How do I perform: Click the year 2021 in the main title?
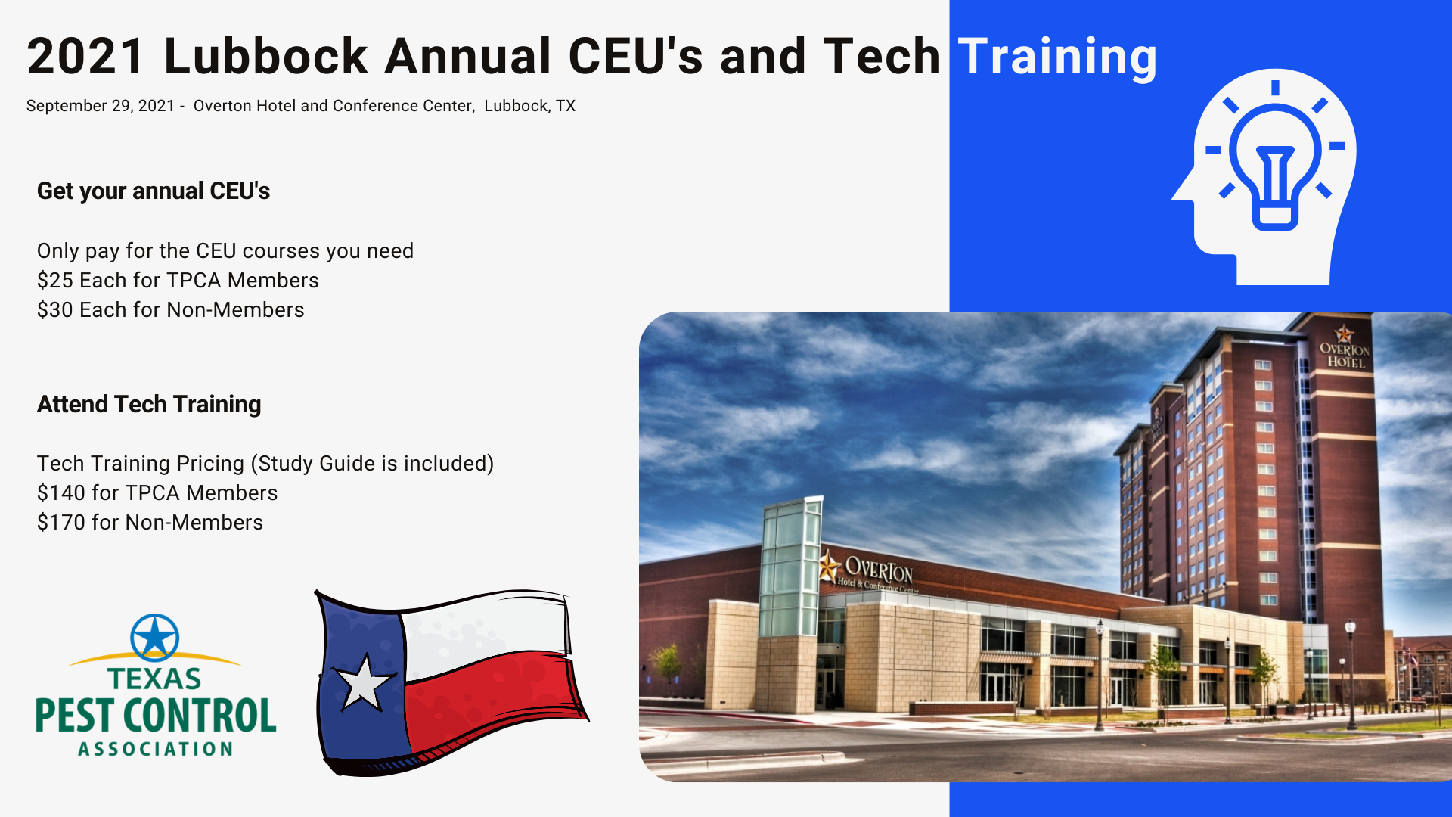(85, 56)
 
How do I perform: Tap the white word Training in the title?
(1057, 57)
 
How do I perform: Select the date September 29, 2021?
(101, 106)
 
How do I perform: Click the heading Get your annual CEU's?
(154, 191)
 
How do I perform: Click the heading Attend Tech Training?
(149, 404)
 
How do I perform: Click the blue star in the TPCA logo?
(154, 636)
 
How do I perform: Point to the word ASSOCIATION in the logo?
(156, 749)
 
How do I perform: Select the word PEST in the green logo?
(76, 716)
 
